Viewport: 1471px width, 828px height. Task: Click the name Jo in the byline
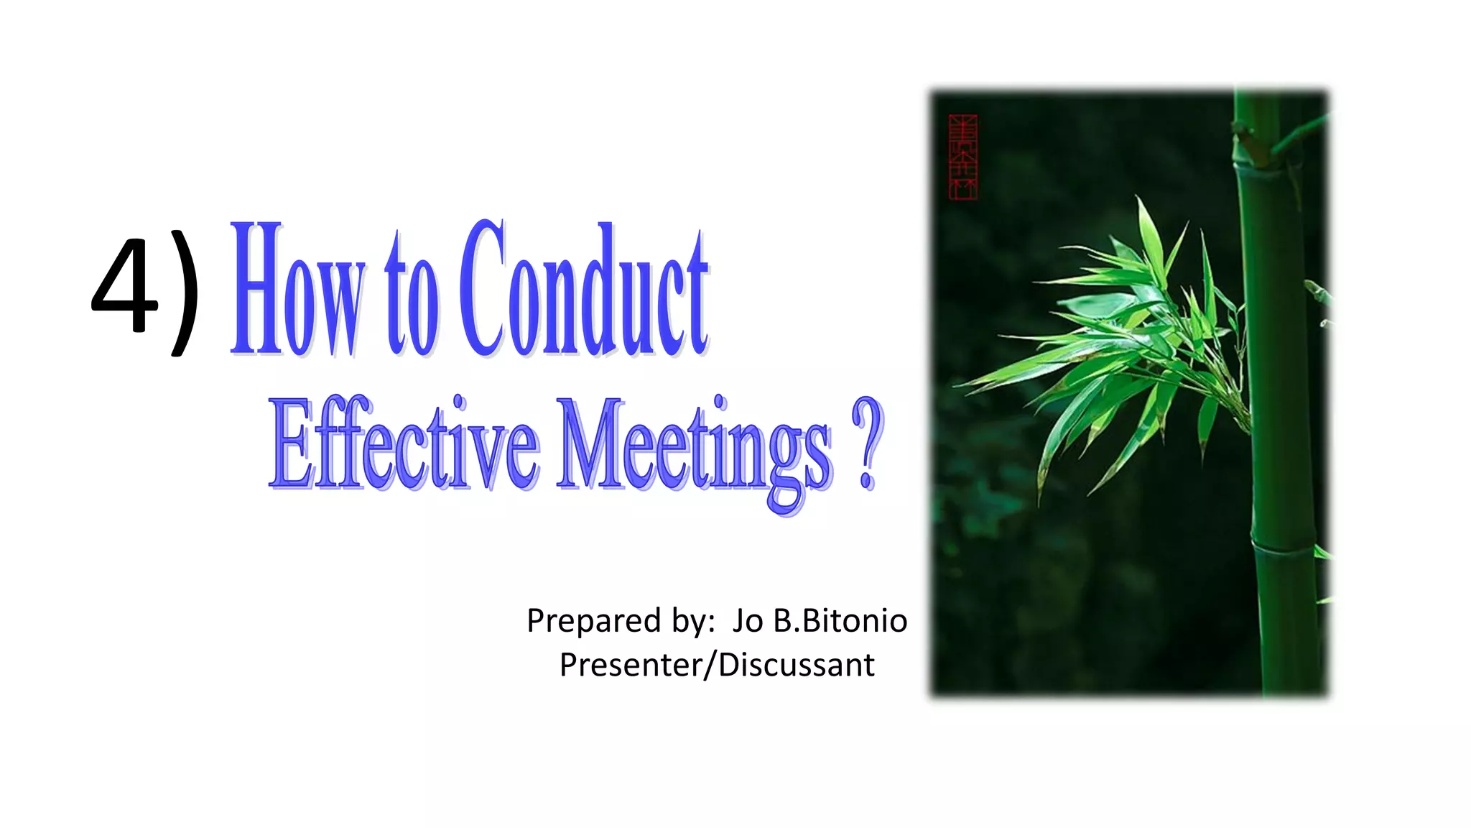click(748, 621)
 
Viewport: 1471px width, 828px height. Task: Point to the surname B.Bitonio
click(840, 621)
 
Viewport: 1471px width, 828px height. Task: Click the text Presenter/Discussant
click(717, 665)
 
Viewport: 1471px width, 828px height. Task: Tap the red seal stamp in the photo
click(962, 157)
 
